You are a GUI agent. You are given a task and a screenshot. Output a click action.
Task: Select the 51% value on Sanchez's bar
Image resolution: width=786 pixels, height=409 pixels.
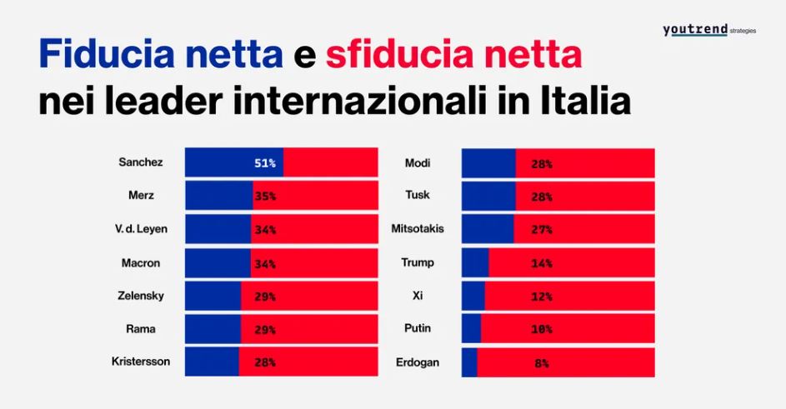(x=265, y=163)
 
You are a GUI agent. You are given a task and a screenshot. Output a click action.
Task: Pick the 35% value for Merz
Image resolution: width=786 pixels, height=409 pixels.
(x=265, y=197)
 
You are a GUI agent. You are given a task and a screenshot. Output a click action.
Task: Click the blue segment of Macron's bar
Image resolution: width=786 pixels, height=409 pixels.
(x=217, y=263)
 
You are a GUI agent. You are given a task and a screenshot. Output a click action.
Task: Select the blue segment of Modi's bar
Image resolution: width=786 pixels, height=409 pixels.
(x=488, y=163)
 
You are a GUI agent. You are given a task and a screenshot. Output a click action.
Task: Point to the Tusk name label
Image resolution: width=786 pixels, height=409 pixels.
(x=418, y=196)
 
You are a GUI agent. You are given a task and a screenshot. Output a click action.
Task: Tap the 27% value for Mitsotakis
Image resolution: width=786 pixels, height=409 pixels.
(x=542, y=230)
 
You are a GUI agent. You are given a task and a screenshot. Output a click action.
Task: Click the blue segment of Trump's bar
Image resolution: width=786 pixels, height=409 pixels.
(x=475, y=263)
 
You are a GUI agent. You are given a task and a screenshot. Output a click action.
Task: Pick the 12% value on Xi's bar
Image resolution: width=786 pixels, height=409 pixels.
(x=542, y=297)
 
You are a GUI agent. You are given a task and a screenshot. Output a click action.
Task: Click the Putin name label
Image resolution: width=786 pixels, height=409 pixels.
(x=418, y=328)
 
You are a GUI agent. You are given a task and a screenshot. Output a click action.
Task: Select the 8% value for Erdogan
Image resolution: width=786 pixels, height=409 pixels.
(x=542, y=363)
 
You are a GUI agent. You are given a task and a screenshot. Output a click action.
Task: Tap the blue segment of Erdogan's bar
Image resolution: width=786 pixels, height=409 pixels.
(x=469, y=362)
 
